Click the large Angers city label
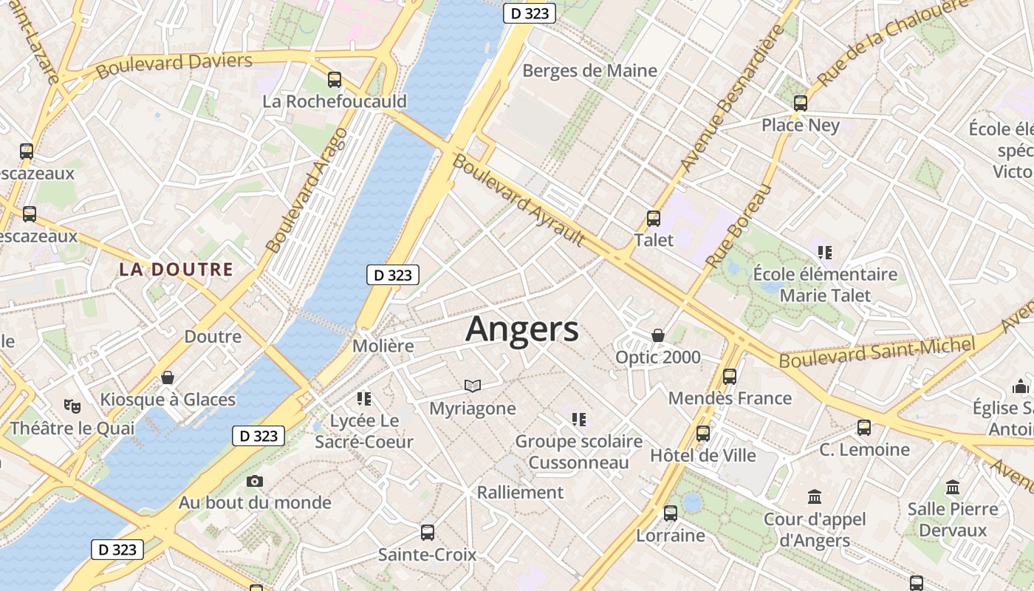[x=522, y=329]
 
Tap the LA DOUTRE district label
[x=176, y=270]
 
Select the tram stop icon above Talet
[x=653, y=219]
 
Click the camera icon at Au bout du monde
[x=254, y=482]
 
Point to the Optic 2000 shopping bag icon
[x=658, y=336]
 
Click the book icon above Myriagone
[x=473, y=386]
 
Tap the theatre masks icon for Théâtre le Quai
[x=72, y=406]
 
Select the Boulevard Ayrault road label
[x=518, y=200]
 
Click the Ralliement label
[x=520, y=492]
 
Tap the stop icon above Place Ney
[x=801, y=103]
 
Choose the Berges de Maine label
[x=589, y=71]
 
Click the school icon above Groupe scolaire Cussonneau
[x=579, y=420]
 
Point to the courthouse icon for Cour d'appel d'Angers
[x=815, y=496]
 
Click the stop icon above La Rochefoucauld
[x=335, y=80]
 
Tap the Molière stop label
[x=383, y=346]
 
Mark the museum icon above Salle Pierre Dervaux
[x=953, y=488]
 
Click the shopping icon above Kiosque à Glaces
[x=168, y=378]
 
